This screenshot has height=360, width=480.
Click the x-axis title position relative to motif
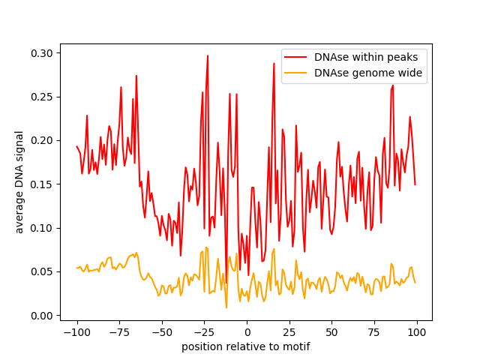coord(246,346)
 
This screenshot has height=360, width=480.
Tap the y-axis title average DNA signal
coord(19,182)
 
